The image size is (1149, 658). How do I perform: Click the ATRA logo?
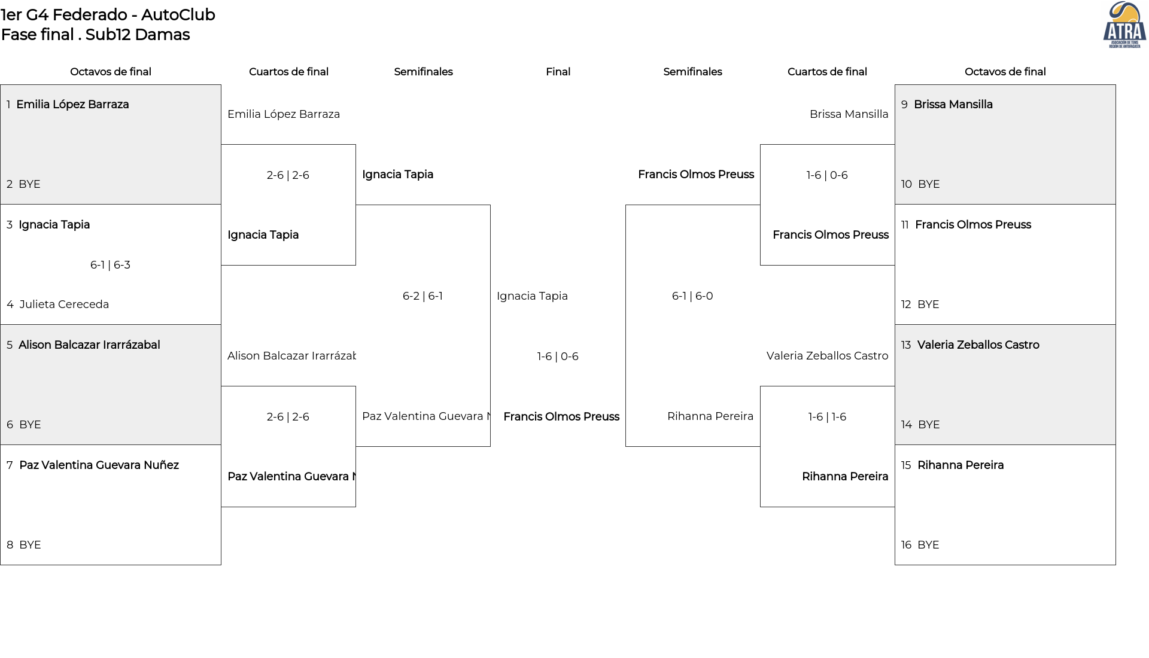coord(1124,25)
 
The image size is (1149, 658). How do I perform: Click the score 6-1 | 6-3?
coord(110,265)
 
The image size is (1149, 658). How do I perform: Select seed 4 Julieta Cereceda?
coord(58,304)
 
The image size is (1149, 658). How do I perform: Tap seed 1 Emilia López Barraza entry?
coord(68,105)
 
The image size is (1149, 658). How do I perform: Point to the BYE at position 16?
coord(920,545)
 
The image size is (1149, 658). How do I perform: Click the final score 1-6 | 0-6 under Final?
coord(558,357)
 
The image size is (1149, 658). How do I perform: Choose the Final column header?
coord(558,72)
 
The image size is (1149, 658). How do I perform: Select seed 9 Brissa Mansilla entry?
coord(947,105)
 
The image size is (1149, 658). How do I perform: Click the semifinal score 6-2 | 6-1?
coord(422,296)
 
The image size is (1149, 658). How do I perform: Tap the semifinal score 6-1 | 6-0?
coord(692,296)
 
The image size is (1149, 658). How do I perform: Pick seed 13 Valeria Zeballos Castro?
coord(970,345)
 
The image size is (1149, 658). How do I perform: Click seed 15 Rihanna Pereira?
coord(952,465)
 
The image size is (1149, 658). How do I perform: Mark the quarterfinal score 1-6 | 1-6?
coord(827,417)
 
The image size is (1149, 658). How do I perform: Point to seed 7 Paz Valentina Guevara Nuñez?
coord(93,465)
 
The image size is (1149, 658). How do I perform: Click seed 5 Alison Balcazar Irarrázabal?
coord(83,345)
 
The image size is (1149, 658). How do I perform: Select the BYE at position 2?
coord(23,184)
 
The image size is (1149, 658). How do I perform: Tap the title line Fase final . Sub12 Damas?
coord(95,35)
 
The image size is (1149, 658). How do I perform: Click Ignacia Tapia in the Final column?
coord(532,296)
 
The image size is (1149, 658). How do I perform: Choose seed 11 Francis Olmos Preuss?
coord(966,225)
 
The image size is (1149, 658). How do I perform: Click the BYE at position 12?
coord(920,304)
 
